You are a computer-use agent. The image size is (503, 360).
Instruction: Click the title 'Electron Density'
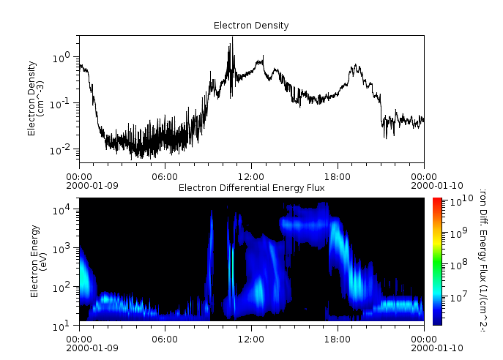251,26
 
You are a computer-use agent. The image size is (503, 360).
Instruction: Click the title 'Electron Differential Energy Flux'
251,188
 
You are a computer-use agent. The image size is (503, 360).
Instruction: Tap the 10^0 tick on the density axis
66,56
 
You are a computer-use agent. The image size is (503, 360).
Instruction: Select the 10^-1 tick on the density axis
64,102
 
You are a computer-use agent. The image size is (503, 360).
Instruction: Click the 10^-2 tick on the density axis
64,149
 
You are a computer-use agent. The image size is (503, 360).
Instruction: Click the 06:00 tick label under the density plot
165,176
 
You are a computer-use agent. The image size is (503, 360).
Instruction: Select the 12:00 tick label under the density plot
251,176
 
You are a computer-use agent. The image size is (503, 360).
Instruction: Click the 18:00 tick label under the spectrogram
338,339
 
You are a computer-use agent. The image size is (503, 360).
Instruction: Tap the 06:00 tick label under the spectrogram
165,339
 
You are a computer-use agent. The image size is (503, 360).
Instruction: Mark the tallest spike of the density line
232,38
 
